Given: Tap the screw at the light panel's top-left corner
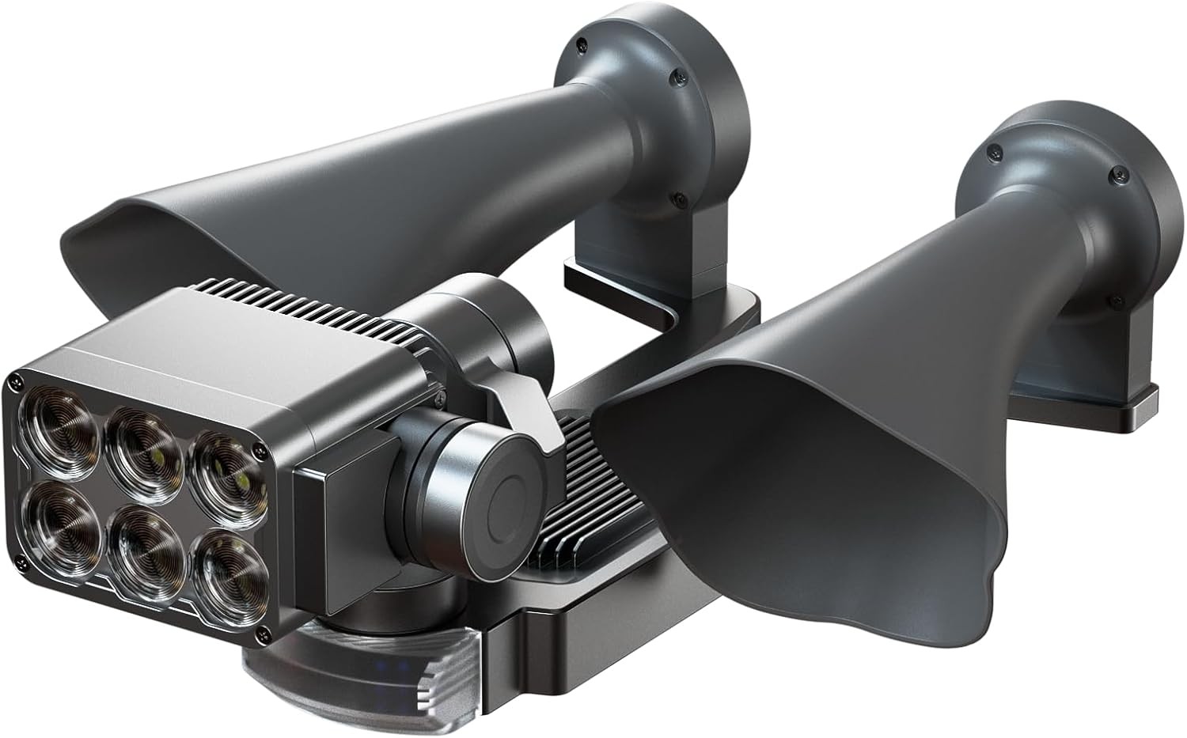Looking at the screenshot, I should [x=13, y=384].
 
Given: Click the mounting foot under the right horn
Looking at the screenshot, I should [x=1108, y=395].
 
